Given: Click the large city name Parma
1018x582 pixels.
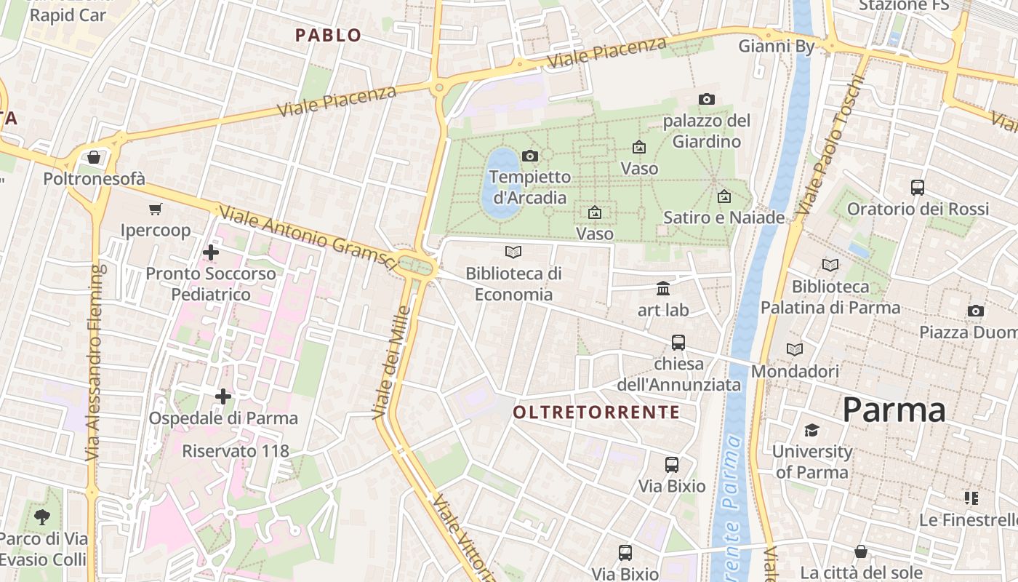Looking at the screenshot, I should [894, 410].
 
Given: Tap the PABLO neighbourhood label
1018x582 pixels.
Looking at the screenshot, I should [329, 35].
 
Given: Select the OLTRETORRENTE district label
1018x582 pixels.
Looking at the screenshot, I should [596, 412].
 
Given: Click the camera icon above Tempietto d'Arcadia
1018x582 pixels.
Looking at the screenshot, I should [530, 156].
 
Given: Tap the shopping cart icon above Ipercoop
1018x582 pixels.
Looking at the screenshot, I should [155, 210].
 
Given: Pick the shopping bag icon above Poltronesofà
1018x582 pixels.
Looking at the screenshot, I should [94, 157].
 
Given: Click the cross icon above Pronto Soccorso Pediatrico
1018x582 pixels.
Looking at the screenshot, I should [211, 252].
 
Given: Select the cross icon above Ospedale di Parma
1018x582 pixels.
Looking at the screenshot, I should [223, 396].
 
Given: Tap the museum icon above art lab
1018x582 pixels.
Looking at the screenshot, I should [663, 289].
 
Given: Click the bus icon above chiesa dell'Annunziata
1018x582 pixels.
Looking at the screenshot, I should [678, 342].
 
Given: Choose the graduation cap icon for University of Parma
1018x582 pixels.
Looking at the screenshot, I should [811, 430].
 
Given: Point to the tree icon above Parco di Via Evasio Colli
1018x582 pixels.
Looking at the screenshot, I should [42, 517].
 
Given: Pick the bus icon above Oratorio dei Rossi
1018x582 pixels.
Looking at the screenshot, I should [918, 188].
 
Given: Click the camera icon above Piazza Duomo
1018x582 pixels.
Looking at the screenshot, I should [976, 311].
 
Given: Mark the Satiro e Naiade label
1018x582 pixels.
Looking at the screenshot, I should [724, 218].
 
